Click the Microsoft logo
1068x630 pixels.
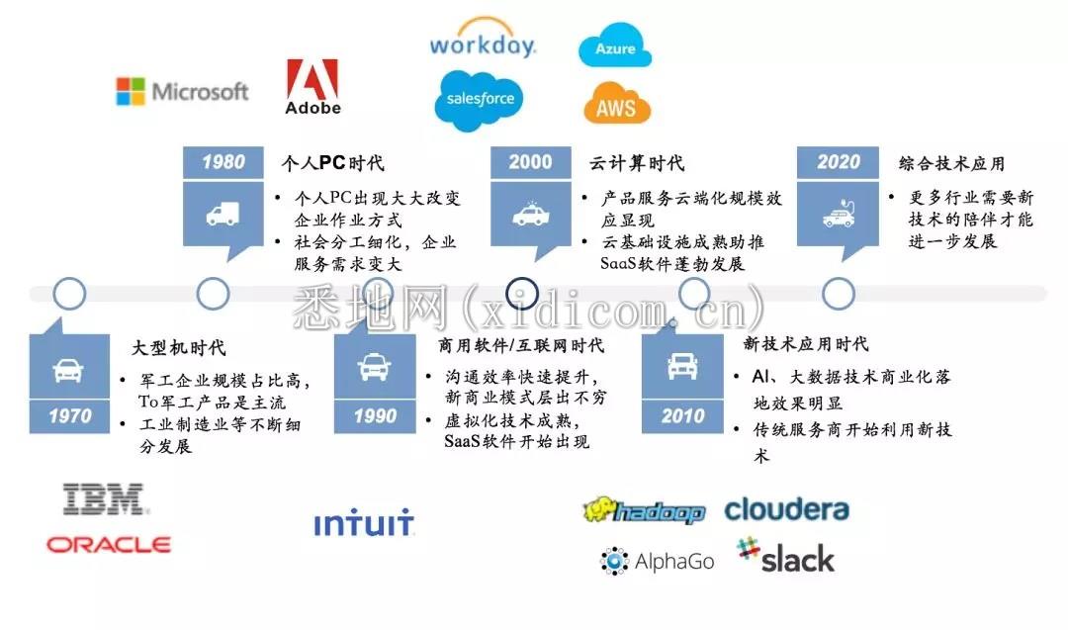(x=182, y=92)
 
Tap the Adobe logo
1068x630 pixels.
(x=312, y=86)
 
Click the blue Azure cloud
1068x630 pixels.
(x=615, y=47)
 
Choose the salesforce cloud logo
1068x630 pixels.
(x=480, y=100)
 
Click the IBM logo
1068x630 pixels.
(x=105, y=499)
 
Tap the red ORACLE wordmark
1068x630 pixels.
(x=109, y=544)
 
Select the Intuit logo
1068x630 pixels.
(x=364, y=523)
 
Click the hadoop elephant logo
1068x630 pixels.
(x=644, y=510)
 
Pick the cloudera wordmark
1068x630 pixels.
(x=786, y=509)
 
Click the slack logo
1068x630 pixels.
(x=786, y=556)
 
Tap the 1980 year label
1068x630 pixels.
(x=223, y=162)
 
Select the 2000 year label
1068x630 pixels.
(x=531, y=162)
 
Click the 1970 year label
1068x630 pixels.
(x=68, y=416)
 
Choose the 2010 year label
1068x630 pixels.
(x=682, y=416)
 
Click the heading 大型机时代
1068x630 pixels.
(x=178, y=348)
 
